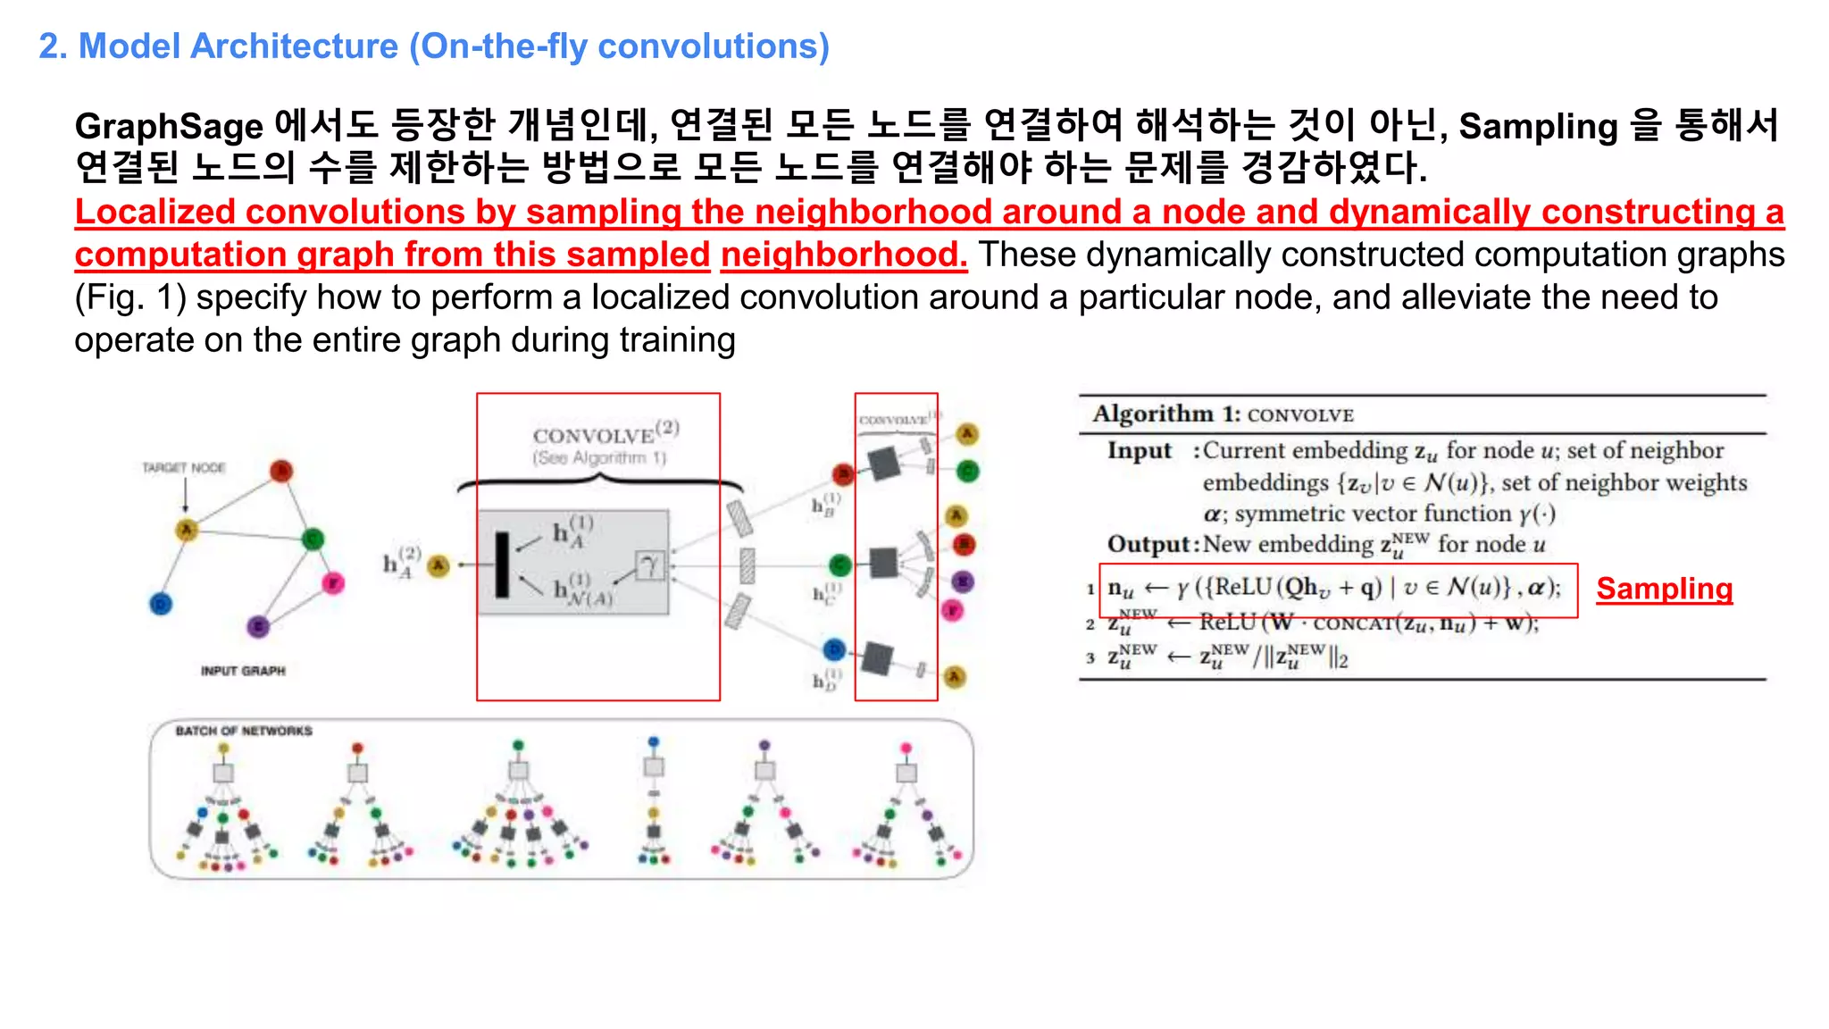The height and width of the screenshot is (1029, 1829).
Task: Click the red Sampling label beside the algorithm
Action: coord(1664,589)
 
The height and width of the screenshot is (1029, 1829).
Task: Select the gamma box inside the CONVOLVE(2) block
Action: coord(650,565)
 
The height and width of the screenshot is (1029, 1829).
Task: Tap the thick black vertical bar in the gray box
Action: coord(502,565)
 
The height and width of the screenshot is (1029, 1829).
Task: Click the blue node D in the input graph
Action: coord(161,604)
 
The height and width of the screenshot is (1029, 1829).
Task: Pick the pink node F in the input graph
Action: coord(332,583)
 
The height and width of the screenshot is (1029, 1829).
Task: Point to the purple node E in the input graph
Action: coord(258,626)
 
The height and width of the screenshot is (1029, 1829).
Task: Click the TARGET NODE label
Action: coord(184,467)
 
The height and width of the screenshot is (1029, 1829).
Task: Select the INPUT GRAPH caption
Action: coord(243,671)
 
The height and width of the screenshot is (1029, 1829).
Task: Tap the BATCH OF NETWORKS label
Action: coord(244,731)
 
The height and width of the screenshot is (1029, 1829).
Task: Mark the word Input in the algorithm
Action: coord(1139,450)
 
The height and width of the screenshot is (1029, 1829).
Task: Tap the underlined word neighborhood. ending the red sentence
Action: coord(843,255)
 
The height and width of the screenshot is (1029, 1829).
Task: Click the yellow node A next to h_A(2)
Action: coord(438,565)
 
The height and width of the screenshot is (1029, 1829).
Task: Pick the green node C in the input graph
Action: coord(313,539)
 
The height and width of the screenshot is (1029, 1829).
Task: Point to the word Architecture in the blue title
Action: coord(294,46)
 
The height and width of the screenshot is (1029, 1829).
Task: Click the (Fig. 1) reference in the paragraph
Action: coord(130,297)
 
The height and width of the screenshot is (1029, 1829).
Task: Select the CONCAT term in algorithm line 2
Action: coord(1352,623)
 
